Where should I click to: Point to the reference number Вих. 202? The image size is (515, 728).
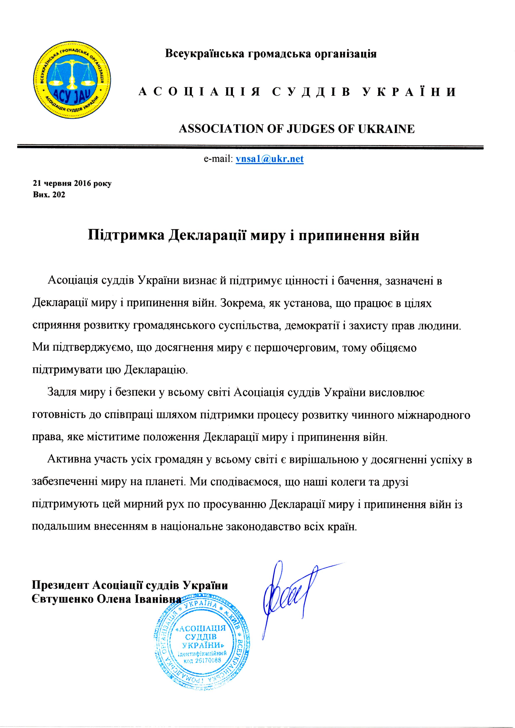[x=49, y=194]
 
